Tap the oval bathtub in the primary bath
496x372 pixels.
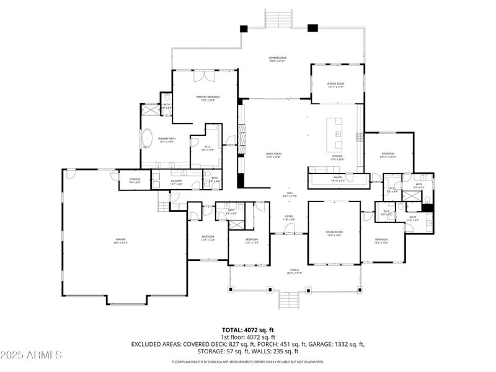click(x=148, y=138)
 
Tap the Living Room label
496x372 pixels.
click(x=273, y=156)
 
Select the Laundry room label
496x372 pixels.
click(x=176, y=182)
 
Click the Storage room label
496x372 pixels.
click(x=135, y=180)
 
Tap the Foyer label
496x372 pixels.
click(x=289, y=218)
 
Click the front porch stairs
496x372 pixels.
click(x=288, y=301)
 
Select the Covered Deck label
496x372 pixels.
click(x=277, y=59)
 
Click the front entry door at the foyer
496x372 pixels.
click(x=289, y=234)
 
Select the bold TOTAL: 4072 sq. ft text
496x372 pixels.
click(x=247, y=330)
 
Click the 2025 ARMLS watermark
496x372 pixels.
click(x=31, y=355)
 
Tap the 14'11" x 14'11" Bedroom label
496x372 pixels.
click(x=388, y=155)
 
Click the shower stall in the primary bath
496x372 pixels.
click(x=151, y=111)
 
